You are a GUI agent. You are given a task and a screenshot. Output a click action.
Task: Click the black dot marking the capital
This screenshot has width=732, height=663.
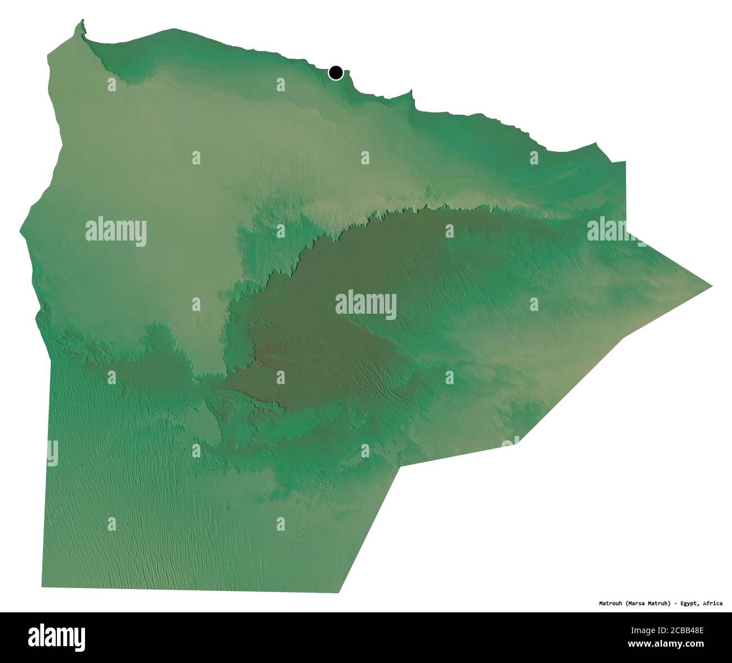point(336,73)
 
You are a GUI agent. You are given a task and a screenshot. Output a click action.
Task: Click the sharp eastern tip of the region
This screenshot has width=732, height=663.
point(712,286)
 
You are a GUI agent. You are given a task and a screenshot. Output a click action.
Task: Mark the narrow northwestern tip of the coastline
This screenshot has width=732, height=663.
point(83,23)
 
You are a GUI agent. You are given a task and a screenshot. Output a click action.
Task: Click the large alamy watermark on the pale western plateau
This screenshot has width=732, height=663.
point(116,232)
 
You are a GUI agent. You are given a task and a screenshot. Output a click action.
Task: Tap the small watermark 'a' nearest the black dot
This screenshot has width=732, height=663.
point(280,84)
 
